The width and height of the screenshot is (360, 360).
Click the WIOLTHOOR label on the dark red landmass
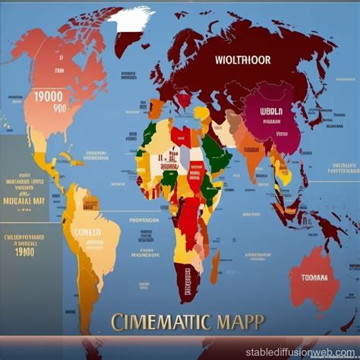pyautogui.click(x=241, y=58)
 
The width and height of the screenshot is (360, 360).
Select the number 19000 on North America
pyautogui.click(x=45, y=96)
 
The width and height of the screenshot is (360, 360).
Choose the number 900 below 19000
pyautogui.click(x=49, y=109)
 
